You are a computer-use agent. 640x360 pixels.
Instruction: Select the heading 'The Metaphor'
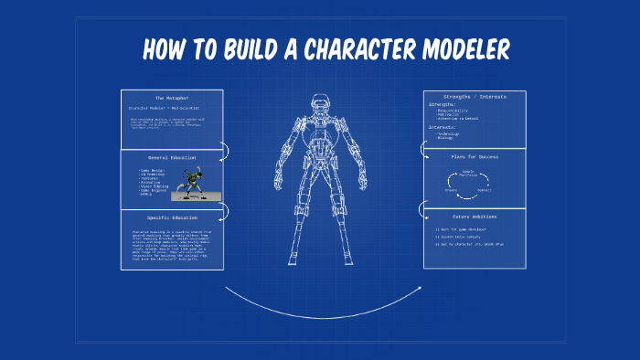coord(171,98)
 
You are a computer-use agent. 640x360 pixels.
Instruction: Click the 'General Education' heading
coord(171,157)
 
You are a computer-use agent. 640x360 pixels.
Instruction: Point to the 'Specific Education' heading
coord(171,217)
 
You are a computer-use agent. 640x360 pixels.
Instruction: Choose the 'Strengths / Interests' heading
coord(474,96)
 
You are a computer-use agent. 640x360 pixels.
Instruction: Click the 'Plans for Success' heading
coord(474,157)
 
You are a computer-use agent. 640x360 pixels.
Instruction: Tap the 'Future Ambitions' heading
coord(474,217)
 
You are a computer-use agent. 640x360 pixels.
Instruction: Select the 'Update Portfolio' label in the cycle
coord(468,173)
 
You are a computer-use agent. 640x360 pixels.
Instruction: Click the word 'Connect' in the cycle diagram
coord(485,190)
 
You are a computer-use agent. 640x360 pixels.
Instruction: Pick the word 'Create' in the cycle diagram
coord(452,190)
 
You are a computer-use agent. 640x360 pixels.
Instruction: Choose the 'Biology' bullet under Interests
coord(447,139)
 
